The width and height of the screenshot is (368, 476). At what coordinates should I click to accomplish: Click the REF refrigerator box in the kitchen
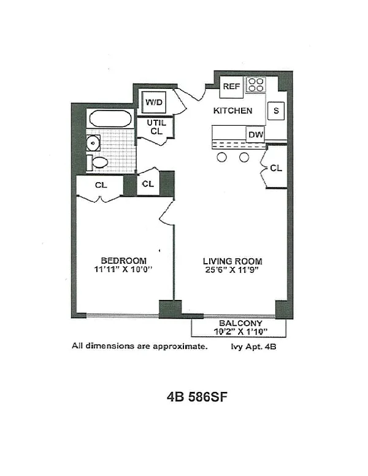(231, 86)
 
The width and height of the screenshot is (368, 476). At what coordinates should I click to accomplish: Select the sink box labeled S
(276, 110)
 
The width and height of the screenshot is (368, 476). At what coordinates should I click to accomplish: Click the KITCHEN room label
(232, 111)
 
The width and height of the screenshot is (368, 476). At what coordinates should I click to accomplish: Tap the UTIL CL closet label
(157, 127)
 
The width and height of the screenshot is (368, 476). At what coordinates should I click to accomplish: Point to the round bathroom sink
(93, 144)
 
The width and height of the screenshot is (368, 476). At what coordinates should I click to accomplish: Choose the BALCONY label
(240, 323)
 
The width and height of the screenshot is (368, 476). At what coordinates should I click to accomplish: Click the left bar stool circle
(222, 158)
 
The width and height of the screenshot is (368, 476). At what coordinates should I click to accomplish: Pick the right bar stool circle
(244, 158)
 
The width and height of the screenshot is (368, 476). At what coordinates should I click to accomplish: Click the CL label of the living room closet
(276, 167)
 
